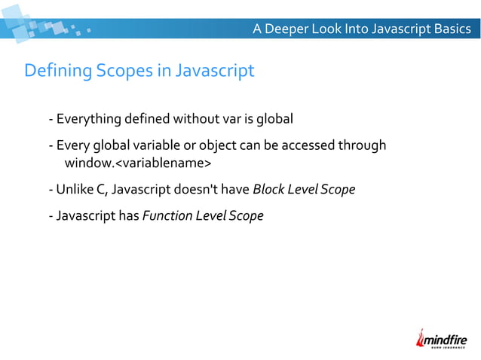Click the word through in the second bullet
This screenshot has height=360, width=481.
pos(366,145)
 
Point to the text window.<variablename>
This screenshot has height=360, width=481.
pos(138,163)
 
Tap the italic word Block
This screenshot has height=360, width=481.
pos(269,189)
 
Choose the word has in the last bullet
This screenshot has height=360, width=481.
pos(127,216)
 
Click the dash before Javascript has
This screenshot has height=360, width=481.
pos(50,216)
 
